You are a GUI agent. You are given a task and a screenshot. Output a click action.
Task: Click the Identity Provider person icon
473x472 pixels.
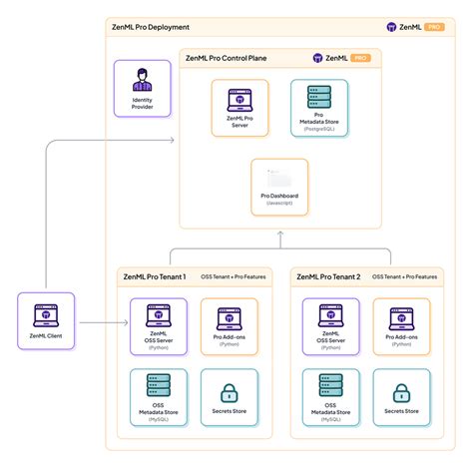click(x=143, y=79)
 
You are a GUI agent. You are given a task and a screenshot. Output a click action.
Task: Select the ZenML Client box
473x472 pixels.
click(x=46, y=322)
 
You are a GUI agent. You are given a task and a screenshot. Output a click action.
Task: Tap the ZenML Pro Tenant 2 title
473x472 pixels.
click(x=326, y=275)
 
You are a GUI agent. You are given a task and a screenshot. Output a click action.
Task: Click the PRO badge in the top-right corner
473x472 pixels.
click(x=435, y=27)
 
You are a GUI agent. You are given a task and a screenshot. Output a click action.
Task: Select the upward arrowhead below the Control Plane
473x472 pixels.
click(x=280, y=235)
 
